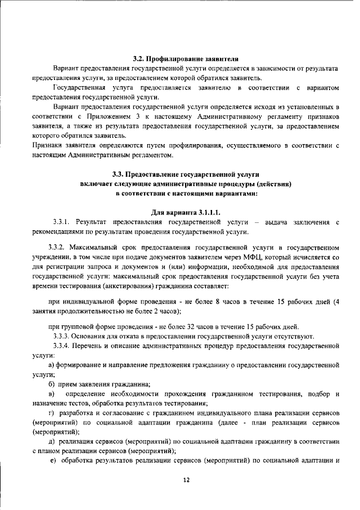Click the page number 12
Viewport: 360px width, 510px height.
tap(186, 479)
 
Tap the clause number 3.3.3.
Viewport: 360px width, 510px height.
tap(61, 336)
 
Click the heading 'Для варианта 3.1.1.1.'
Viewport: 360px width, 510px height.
tap(186, 212)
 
